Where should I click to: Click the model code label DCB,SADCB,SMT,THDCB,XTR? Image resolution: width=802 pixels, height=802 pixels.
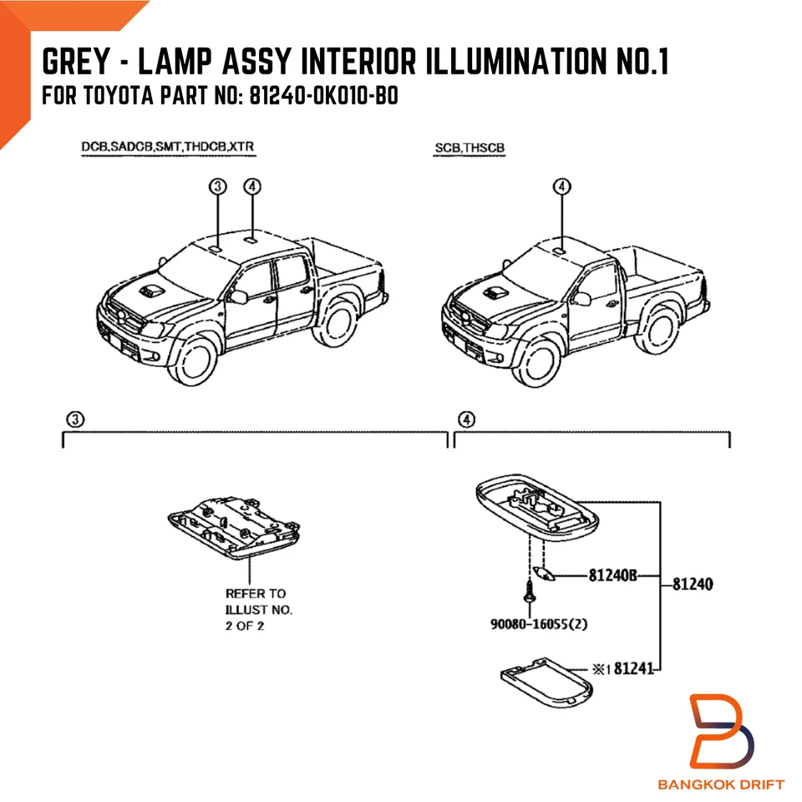pyautogui.click(x=167, y=147)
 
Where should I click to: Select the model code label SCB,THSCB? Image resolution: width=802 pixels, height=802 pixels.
pyautogui.click(x=470, y=149)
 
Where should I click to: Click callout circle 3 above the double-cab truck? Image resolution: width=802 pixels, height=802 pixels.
pyautogui.click(x=218, y=186)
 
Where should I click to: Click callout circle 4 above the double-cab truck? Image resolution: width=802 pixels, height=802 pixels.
pyautogui.click(x=253, y=186)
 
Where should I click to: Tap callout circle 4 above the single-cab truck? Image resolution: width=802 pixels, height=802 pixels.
pyautogui.click(x=562, y=186)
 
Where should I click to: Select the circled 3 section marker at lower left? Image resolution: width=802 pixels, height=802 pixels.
pyautogui.click(x=74, y=419)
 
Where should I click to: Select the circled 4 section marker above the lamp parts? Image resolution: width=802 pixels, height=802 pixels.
pyautogui.click(x=467, y=419)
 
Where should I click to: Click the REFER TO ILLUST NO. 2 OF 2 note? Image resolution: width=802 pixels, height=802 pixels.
pyautogui.click(x=257, y=610)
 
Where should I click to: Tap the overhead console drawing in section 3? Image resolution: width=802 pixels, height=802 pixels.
pyautogui.click(x=232, y=527)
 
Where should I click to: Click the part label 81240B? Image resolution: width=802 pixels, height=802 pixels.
pyautogui.click(x=612, y=576)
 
